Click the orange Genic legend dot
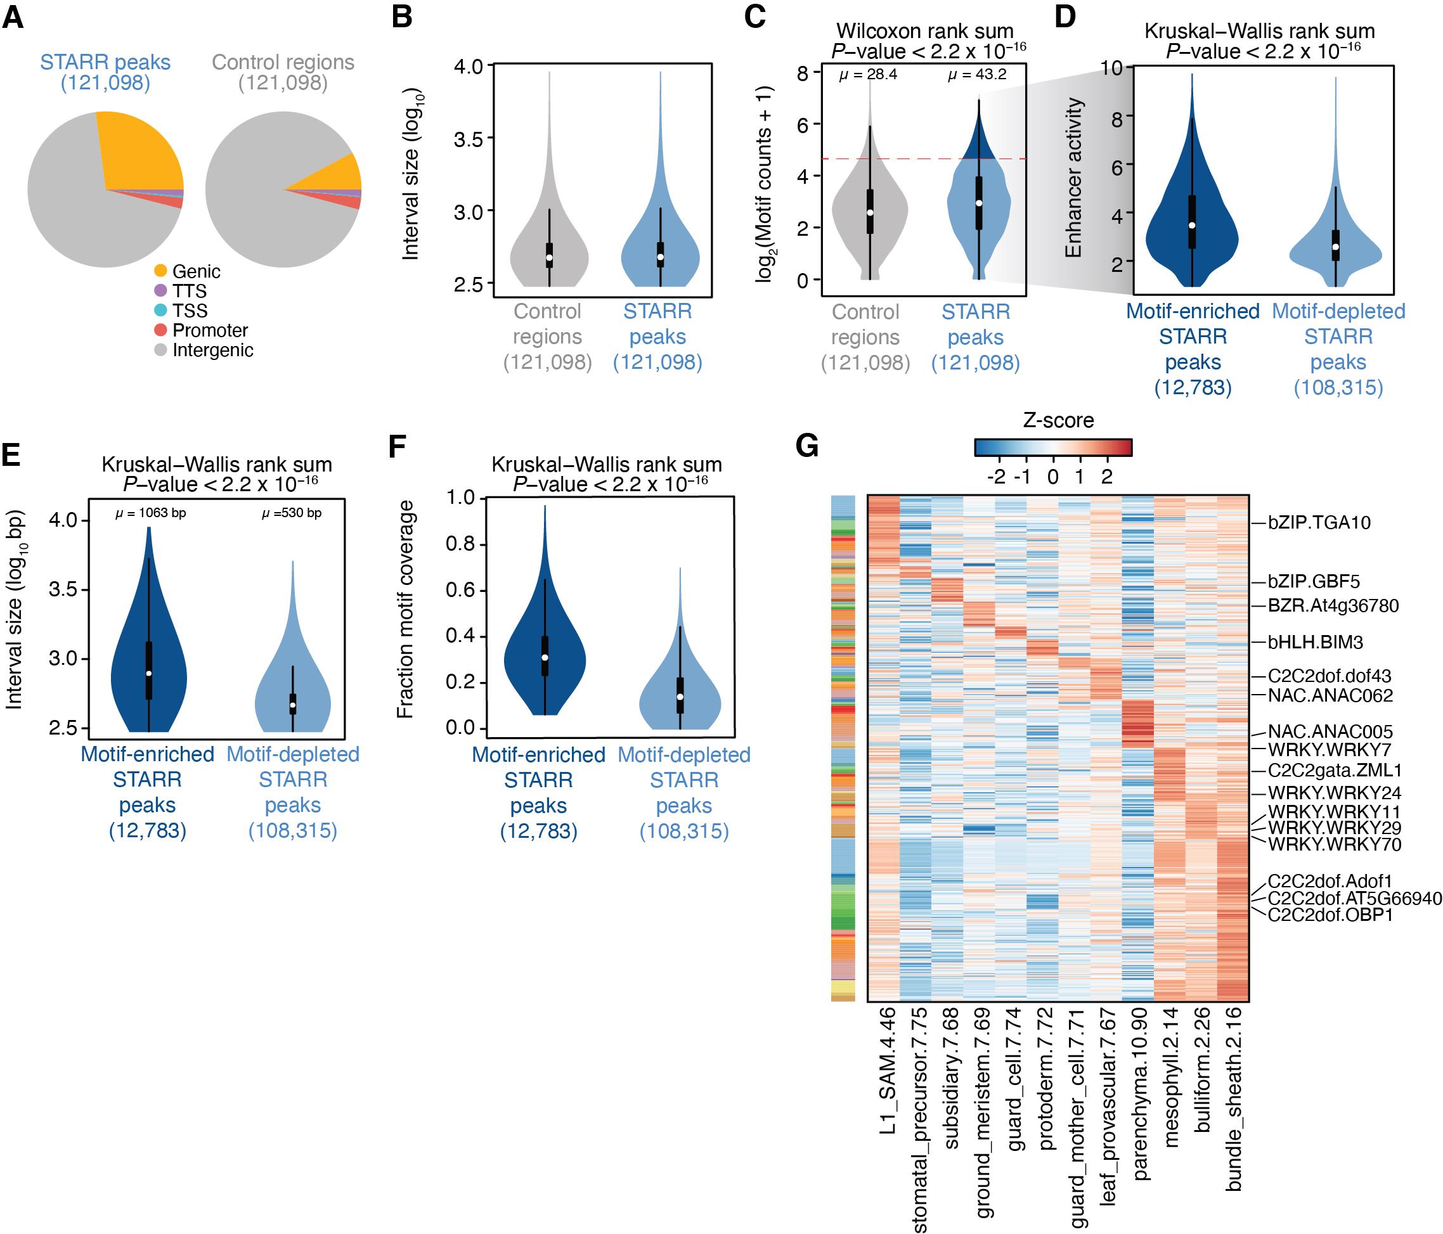coord(160,271)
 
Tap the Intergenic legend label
coord(212,350)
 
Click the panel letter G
coord(806,446)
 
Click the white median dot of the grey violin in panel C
coord(870,212)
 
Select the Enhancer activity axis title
coord(1073,177)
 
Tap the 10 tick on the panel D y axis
coord(1113,68)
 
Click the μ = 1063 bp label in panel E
coord(150,513)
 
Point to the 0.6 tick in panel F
coord(460,591)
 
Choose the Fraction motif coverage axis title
coord(404,609)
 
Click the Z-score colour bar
coord(1052,447)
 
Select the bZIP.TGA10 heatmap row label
coord(1319,523)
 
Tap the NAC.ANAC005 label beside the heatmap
coord(1330,731)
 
